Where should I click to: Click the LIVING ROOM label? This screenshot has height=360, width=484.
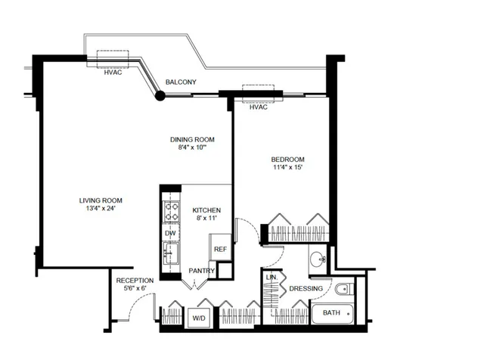101,200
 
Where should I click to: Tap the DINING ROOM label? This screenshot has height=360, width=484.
192,139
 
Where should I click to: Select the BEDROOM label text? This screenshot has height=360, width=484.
288,159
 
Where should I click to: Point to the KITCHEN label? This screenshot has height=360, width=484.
206,209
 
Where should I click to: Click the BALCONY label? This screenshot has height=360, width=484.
181,82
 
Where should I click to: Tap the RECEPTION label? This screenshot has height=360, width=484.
135,280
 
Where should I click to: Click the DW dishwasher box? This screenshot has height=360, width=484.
171,234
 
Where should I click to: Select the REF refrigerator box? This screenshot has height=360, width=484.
220,248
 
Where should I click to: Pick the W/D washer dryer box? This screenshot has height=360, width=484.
200,318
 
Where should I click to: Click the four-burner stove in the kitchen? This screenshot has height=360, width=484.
172,209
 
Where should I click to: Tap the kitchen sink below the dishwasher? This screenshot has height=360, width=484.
171,252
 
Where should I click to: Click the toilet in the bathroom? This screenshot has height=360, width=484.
344,288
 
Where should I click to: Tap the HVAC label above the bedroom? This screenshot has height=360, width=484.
259,107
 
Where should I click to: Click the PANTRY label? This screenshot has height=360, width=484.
203,271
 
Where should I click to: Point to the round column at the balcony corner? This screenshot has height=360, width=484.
160,95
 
